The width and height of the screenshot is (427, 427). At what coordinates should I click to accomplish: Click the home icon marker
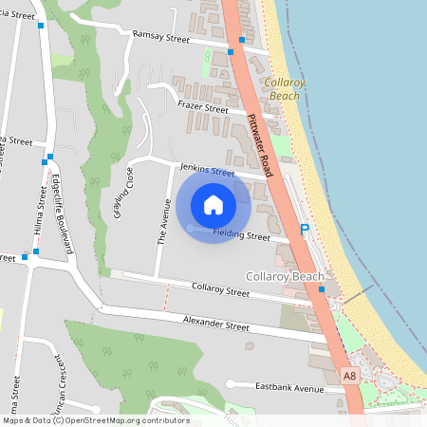click(213, 204)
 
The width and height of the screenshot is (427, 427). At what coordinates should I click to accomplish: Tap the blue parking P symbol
click(305, 230)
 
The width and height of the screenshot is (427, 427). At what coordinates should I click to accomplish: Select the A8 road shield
click(350, 377)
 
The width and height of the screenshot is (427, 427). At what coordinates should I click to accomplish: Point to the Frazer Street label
click(201, 109)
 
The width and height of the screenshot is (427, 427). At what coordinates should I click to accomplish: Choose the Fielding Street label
click(242, 234)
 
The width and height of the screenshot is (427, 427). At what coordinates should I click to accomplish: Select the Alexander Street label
click(216, 325)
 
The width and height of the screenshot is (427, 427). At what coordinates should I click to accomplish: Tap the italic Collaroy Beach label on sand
click(285, 90)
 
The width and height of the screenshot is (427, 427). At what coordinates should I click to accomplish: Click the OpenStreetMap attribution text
click(95, 420)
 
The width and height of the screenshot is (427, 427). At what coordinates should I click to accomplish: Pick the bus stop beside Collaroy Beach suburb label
click(322, 288)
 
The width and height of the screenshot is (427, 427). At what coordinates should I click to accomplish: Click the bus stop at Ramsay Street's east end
click(242, 41)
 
